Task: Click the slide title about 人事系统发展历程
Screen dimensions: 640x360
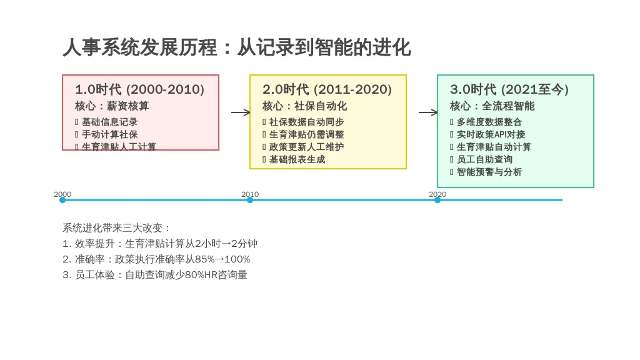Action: tap(236, 47)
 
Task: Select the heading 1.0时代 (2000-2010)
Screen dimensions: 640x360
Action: tap(139, 89)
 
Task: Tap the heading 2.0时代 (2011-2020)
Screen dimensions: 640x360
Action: tap(327, 89)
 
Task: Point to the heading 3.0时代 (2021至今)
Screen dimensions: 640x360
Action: tap(509, 89)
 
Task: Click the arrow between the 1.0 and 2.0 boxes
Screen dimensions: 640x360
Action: tap(241, 112)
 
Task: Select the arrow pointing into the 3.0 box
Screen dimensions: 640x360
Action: tap(428, 112)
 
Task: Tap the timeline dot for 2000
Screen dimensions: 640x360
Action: tap(62, 200)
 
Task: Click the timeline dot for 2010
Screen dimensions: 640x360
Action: tap(250, 200)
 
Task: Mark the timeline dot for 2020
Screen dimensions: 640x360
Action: tap(437, 200)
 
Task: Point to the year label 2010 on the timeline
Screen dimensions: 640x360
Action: tap(250, 194)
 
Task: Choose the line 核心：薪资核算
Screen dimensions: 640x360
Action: tap(112, 106)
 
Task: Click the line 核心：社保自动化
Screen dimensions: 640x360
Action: tap(304, 106)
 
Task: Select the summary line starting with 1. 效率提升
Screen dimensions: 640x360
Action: tap(160, 244)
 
